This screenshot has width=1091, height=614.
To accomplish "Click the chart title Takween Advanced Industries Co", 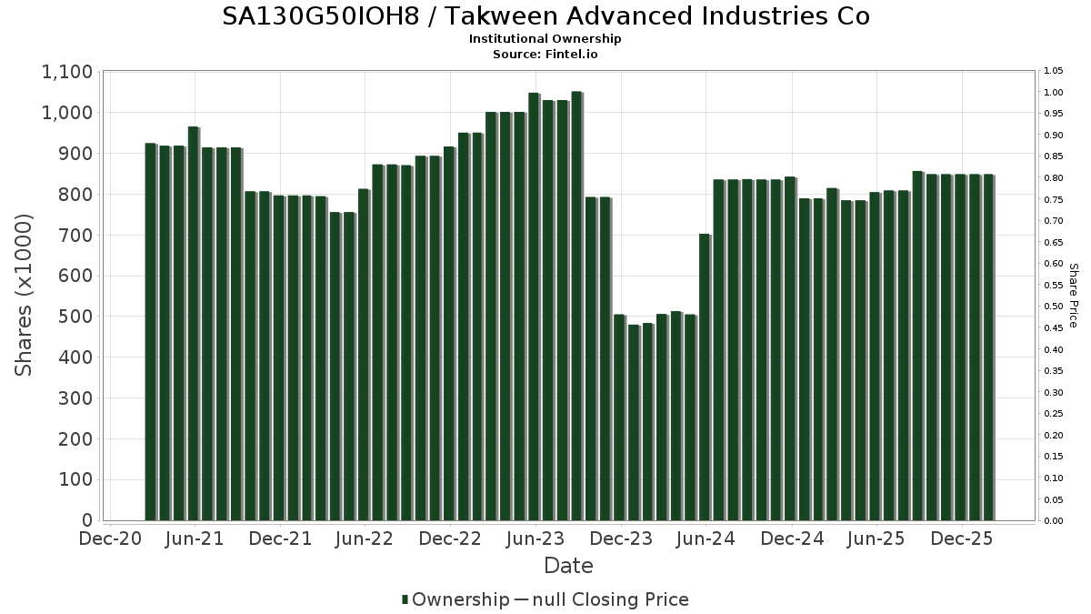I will pos(545,16).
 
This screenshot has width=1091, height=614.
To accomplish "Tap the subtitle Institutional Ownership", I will pos(545,39).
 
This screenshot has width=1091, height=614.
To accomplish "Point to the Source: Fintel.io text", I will pos(545,54).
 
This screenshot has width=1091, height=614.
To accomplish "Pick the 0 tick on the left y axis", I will pos(88,520).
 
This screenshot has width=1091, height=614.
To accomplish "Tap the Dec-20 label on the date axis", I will pos(109,539).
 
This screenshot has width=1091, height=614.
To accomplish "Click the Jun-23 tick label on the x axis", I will pos(535,539).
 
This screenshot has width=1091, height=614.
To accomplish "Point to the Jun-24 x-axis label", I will pos(706,539).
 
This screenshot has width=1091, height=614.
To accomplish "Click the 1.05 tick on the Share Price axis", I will pos(1054,71).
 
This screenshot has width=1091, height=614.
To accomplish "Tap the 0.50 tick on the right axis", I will pos(1054,307).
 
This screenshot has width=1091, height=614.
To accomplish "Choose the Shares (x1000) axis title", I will pos(25,295).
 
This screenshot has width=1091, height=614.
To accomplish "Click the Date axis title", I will pos(568,566).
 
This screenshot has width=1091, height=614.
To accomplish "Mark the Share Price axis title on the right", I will pos(1073,295).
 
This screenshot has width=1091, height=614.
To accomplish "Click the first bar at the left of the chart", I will pos(150,332).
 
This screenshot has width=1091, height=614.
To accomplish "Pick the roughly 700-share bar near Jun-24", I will pos(705,377).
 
